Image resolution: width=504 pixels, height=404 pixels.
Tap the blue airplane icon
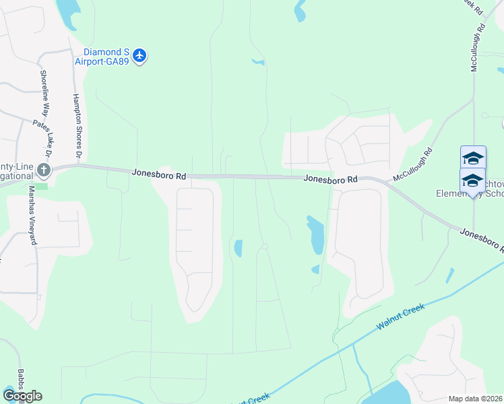pyautogui.click(x=139, y=55)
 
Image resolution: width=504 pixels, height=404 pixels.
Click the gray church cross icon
pyautogui.click(x=44, y=170)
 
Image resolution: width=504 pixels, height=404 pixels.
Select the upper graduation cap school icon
pyautogui.click(x=472, y=158)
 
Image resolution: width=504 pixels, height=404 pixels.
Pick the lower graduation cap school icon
pyautogui.click(x=472, y=180)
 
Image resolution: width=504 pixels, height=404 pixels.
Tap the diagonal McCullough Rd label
pyautogui.click(x=413, y=166)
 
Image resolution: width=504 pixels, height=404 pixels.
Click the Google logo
pyautogui.click(x=22, y=395)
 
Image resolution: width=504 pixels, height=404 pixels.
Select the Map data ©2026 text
pyautogui.click(x=474, y=399)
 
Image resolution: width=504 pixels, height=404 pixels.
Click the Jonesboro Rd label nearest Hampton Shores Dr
pyautogui.click(x=158, y=174)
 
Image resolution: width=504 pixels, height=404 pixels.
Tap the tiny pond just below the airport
pyautogui.click(x=257, y=62)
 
